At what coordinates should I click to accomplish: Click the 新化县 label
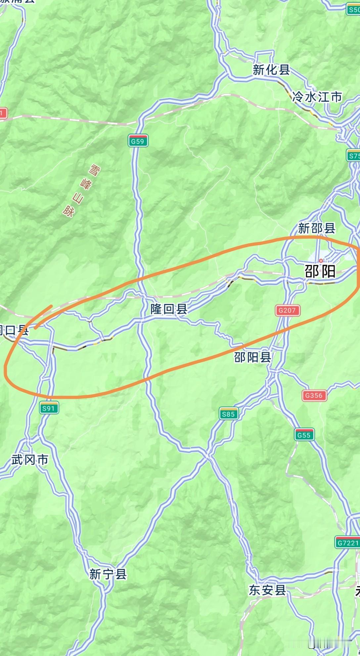(x=271, y=70)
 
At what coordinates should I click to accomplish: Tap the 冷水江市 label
(x=317, y=97)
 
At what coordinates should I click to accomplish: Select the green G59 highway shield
(x=138, y=141)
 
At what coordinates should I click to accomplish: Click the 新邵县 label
(x=317, y=228)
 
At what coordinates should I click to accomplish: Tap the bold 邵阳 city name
(x=320, y=272)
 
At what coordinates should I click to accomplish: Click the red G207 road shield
(x=287, y=310)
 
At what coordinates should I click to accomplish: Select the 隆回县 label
(x=169, y=309)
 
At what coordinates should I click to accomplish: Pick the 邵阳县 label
(x=253, y=357)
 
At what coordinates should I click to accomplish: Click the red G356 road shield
(x=314, y=395)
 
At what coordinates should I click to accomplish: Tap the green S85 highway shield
(x=228, y=414)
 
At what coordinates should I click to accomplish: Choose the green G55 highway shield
(x=304, y=435)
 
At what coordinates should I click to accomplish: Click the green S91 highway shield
(x=49, y=408)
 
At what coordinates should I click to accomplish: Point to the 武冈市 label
(x=30, y=459)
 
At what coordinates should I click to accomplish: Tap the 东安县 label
(x=267, y=590)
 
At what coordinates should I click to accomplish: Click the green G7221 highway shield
(x=347, y=543)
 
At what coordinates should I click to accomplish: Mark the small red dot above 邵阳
(x=321, y=261)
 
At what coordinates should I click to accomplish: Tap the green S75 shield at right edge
(x=353, y=156)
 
